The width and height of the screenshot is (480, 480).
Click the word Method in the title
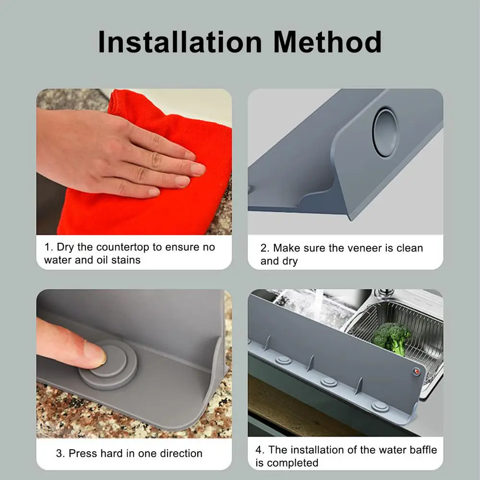pos(327,42)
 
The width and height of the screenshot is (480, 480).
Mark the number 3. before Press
pos(60,453)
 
